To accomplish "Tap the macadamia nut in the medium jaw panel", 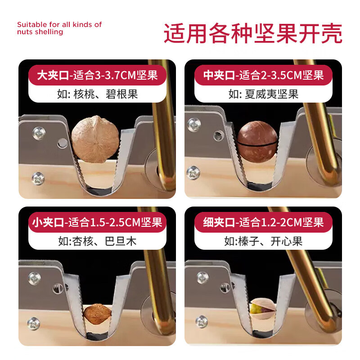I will click(x=257, y=140).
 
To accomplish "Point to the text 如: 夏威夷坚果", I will click(x=263, y=94).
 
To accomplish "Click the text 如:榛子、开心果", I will click(x=263, y=241).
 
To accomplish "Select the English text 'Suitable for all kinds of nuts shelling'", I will click(x=59, y=28).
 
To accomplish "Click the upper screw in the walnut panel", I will click(x=38, y=132).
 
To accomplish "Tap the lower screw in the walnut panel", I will click(x=38, y=179).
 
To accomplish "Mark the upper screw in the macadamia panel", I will click(x=194, y=125).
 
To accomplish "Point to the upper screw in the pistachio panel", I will click(x=202, y=278).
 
